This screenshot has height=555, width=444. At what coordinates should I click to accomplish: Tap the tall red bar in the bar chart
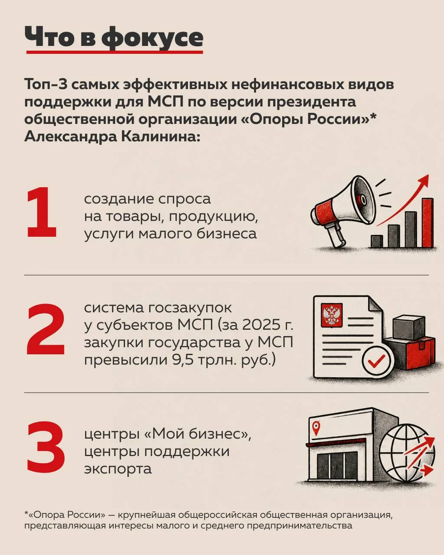point(428,222)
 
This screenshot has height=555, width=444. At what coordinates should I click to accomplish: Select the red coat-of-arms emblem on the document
point(331,315)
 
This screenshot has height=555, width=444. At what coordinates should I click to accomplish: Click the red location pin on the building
point(316,428)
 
